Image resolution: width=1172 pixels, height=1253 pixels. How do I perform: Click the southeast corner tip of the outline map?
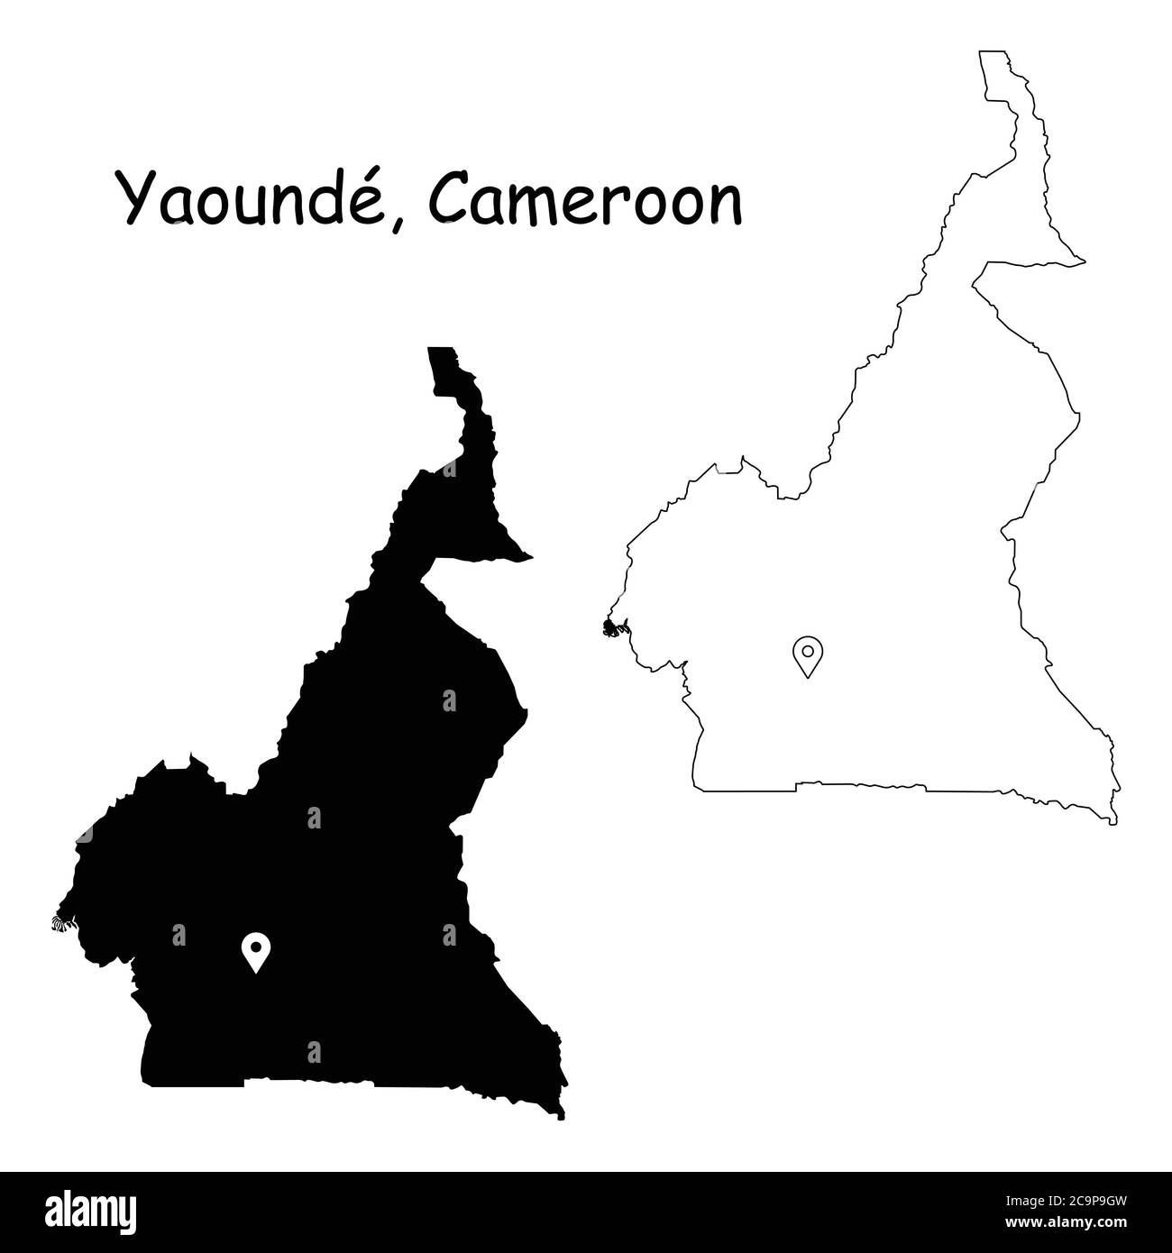coord(1114,821)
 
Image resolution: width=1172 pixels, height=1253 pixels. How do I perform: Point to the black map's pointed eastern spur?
coord(528,555)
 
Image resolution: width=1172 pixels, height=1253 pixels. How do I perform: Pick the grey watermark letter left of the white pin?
coord(179,936)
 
